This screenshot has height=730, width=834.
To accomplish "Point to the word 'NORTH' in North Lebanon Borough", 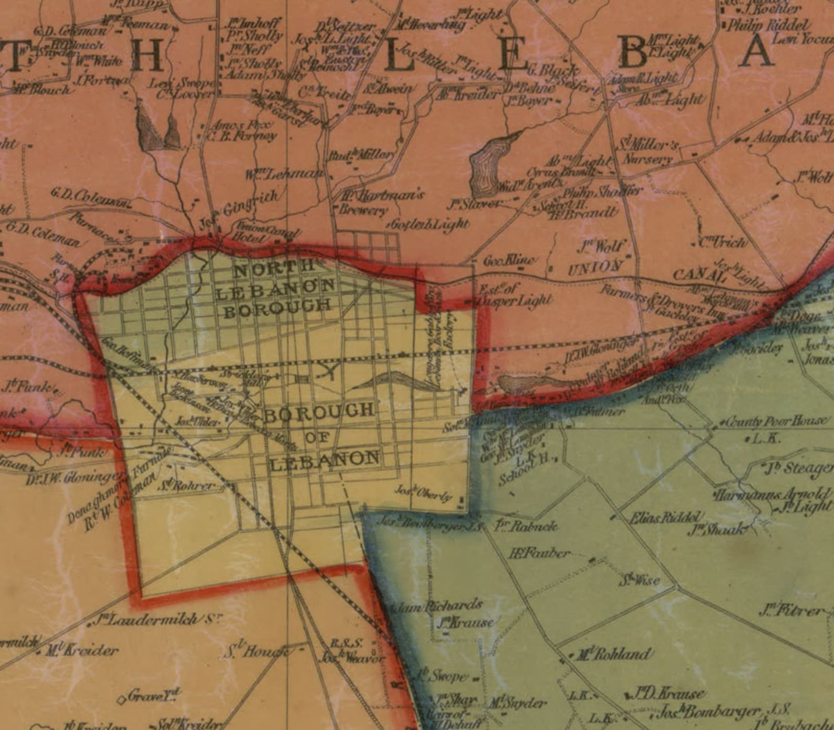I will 267,270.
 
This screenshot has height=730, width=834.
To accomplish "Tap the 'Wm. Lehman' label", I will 284,174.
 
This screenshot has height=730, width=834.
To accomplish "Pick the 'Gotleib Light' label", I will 429,224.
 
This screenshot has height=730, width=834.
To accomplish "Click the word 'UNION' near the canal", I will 596,267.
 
